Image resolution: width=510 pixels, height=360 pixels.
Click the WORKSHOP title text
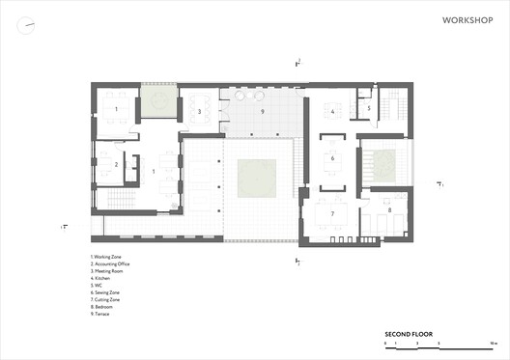tap(467, 19)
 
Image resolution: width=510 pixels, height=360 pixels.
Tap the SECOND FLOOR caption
tap(408, 334)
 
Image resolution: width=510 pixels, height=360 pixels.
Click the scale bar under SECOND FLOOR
tap(439, 344)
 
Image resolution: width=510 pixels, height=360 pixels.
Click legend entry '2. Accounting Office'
tap(111, 263)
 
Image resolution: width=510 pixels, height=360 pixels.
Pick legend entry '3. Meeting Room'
tap(108, 271)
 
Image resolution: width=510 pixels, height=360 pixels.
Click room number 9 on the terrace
tap(262, 112)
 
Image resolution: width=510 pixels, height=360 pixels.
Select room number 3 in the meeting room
tap(198, 112)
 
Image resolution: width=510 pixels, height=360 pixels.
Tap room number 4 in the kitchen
tap(332, 112)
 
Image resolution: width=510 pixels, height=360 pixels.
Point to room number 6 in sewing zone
tap(332, 158)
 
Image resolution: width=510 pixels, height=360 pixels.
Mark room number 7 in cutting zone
tap(332, 213)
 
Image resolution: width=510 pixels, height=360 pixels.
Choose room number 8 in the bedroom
tap(389, 209)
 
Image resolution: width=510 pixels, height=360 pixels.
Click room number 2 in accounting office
tap(116, 165)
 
